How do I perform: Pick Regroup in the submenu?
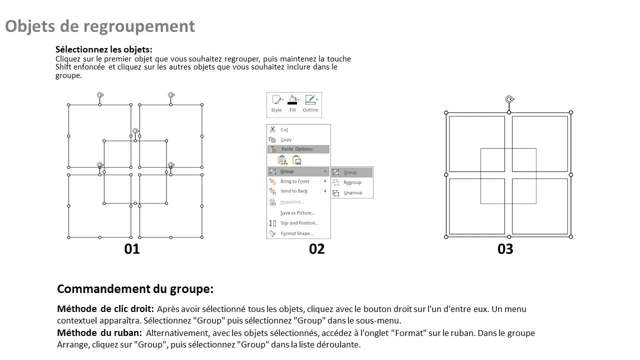[x=352, y=182]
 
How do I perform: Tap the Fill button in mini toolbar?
[x=292, y=103]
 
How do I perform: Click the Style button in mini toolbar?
[x=276, y=103]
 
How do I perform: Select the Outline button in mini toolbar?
[x=310, y=103]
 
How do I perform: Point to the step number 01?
[x=132, y=249]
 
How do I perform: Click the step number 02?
[x=317, y=249]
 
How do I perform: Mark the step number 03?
[x=505, y=249]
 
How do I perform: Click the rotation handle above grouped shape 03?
[x=509, y=99]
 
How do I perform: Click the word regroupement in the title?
[x=139, y=26]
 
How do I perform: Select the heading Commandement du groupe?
[x=135, y=289]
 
